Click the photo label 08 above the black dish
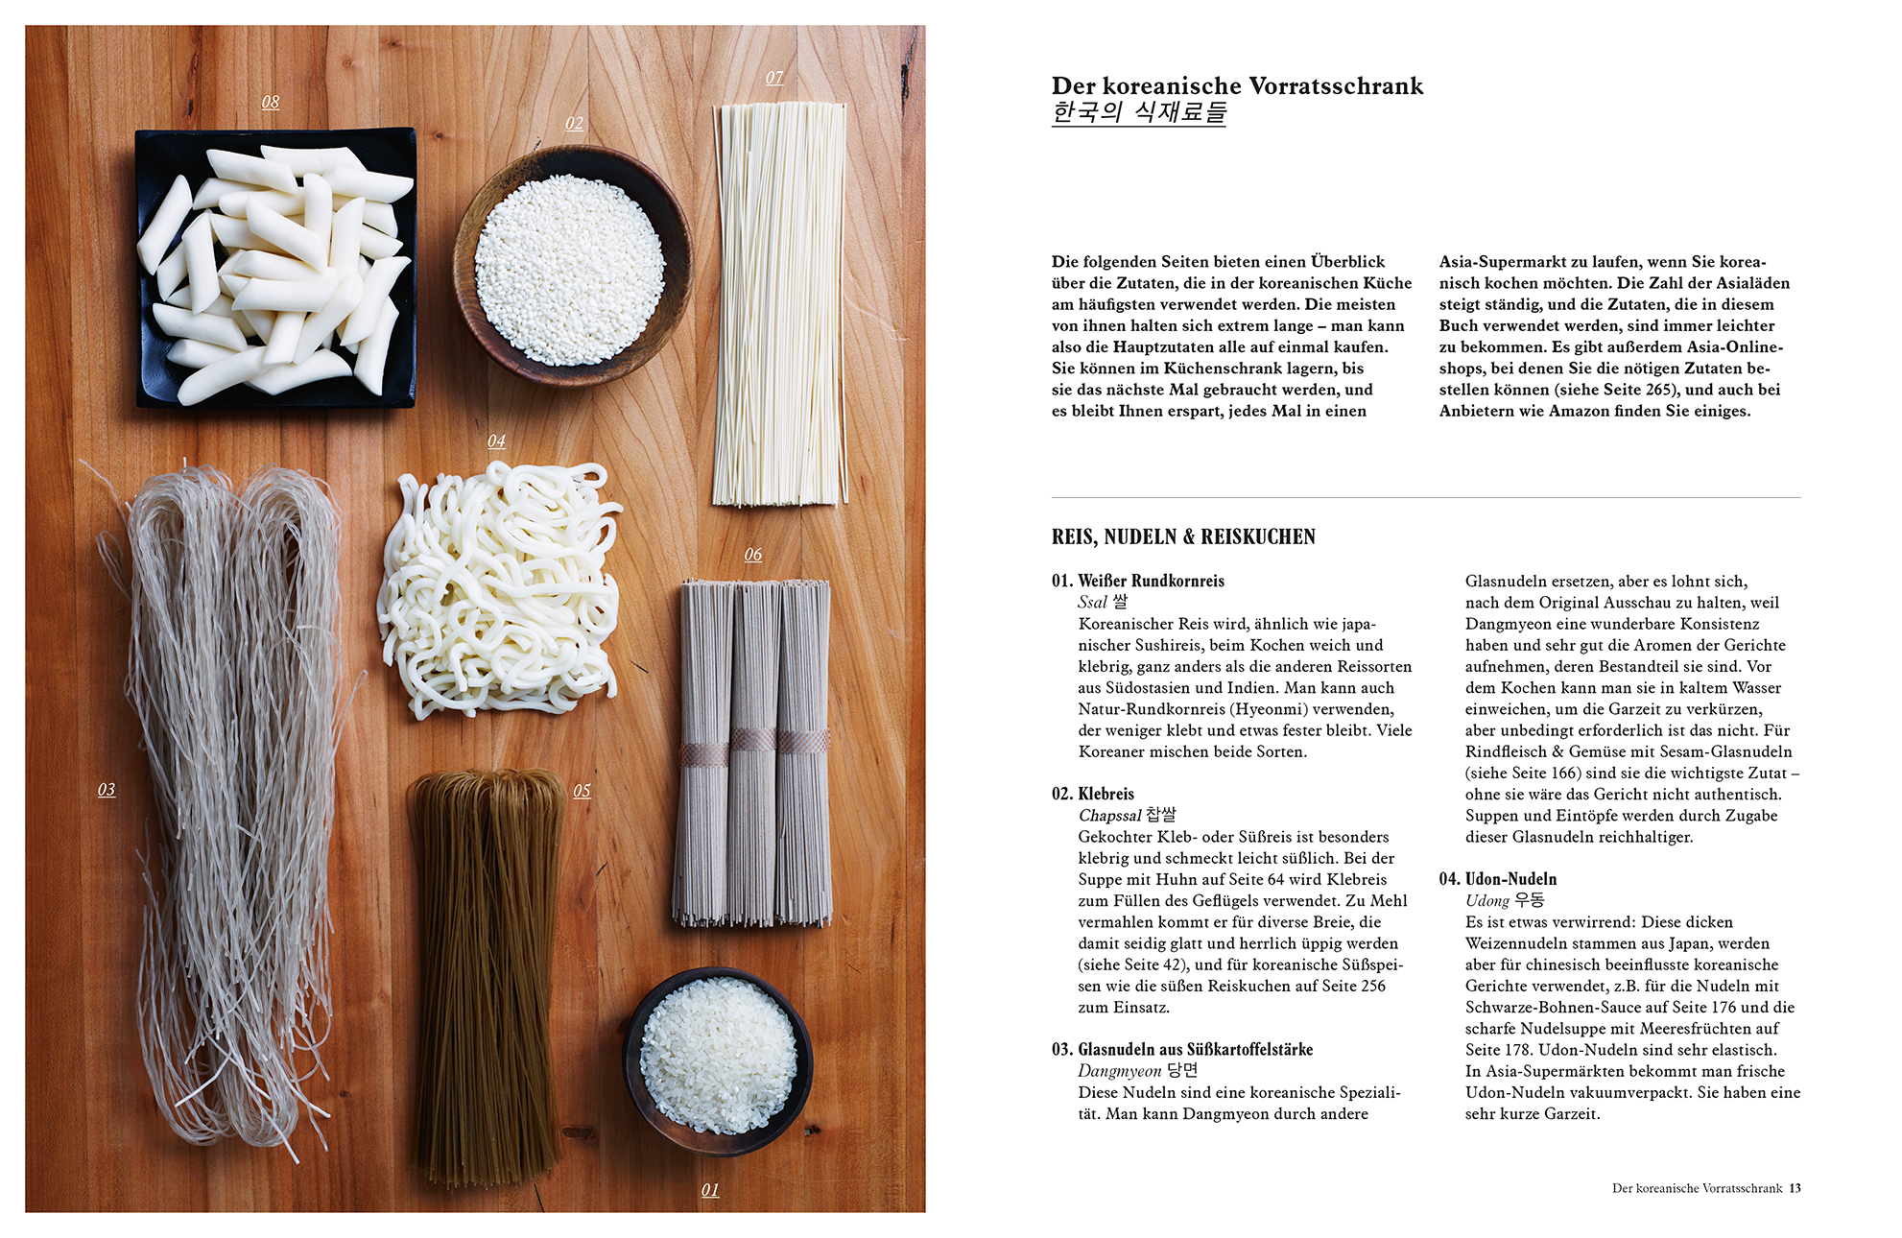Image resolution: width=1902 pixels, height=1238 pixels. (271, 102)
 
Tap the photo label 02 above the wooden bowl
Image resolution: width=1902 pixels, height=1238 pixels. (574, 123)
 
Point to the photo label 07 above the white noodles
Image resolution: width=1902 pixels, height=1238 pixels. (774, 77)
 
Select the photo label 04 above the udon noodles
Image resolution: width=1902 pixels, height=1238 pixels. (496, 440)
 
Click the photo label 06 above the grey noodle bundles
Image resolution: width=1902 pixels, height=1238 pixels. (753, 554)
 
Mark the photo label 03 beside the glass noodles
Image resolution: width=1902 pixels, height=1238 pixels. (107, 789)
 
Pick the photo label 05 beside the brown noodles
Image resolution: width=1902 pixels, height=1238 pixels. (582, 790)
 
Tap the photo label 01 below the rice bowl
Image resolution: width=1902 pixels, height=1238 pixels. (710, 1189)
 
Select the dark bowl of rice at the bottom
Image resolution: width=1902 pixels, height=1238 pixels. (718, 1060)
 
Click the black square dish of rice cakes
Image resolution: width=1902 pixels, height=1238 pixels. (276, 268)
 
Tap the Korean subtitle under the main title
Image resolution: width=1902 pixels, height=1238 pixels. (1139, 112)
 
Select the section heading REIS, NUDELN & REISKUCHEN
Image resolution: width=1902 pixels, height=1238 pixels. (1183, 536)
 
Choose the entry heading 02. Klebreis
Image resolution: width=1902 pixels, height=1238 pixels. (1093, 794)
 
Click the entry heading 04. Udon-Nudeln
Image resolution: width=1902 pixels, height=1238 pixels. (1498, 879)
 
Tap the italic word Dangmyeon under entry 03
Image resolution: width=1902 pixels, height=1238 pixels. (1119, 1071)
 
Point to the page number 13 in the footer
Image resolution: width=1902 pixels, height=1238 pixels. (1795, 1188)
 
